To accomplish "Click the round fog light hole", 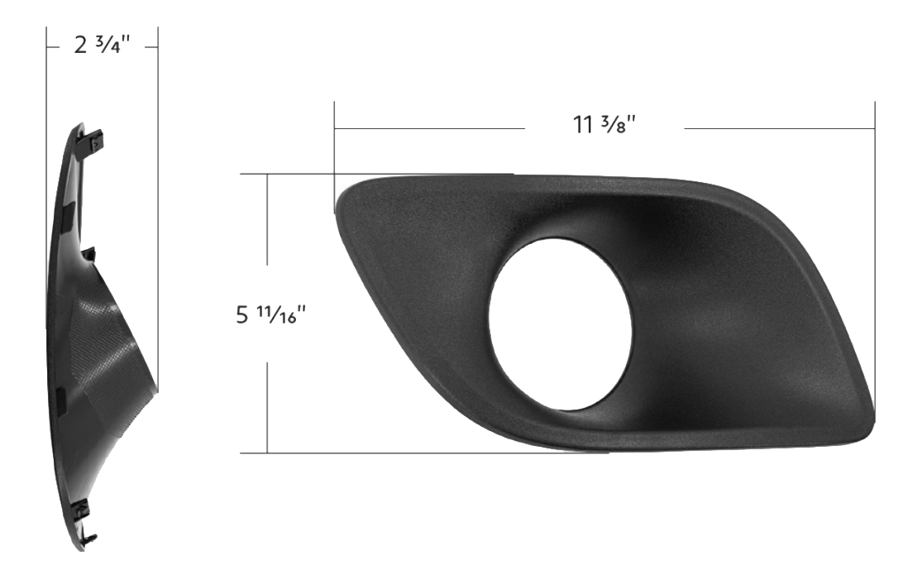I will coord(560,324).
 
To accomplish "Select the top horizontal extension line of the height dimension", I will coord(372,174).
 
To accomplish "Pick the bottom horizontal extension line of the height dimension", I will coord(413,453).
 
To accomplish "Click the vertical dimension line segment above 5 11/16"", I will coord(267,232).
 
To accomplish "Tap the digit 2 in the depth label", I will coord(80,46).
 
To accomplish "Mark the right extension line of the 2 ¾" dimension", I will coord(157,207).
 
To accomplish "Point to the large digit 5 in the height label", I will coord(241,316).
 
